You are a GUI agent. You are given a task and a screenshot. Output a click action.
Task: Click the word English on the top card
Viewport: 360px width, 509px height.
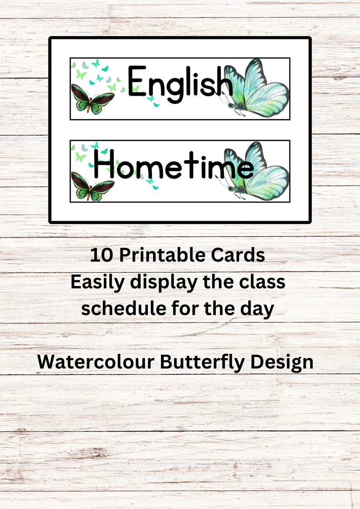pyautogui.click(x=180, y=83)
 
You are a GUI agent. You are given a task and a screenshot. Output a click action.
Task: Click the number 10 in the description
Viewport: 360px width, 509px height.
pyautogui.click(x=100, y=256)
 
